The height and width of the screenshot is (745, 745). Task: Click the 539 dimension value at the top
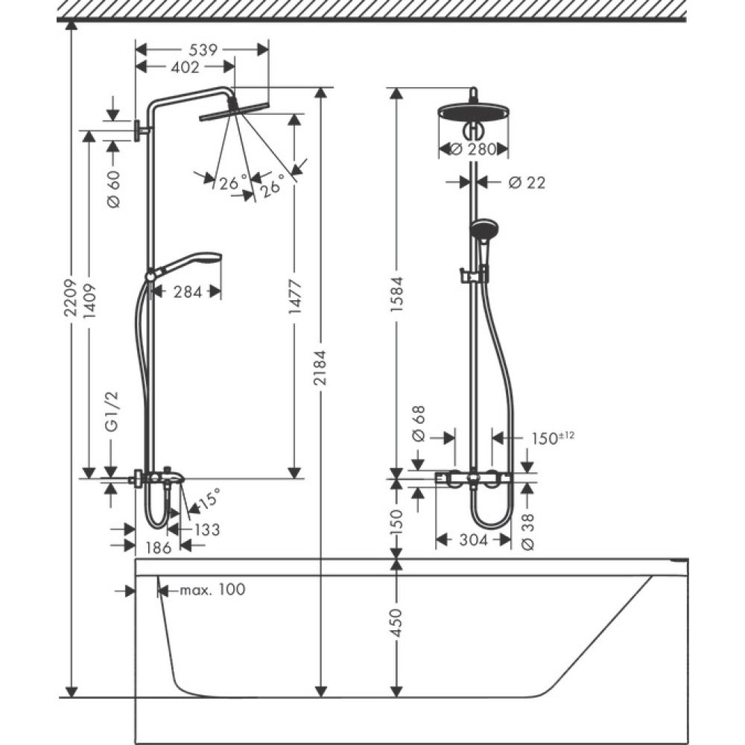click(201, 50)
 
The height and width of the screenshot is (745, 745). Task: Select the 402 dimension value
click(185, 68)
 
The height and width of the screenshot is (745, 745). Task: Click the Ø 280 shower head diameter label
click(474, 150)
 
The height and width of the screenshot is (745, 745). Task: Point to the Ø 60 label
click(113, 189)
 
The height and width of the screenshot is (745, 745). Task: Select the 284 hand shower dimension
click(187, 291)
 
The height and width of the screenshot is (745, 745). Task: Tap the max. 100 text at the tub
click(212, 590)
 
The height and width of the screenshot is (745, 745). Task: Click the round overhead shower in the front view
click(473, 112)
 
